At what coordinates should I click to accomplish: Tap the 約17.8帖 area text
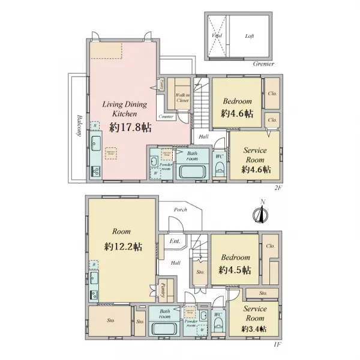(x=130, y=127)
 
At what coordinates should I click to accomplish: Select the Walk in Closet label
(x=182, y=98)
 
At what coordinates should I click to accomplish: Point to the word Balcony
(x=78, y=127)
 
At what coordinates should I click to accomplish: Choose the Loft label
(x=250, y=36)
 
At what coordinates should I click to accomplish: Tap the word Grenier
(x=263, y=64)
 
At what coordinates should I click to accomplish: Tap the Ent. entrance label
(x=175, y=241)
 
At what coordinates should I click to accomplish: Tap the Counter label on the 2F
(x=167, y=116)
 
